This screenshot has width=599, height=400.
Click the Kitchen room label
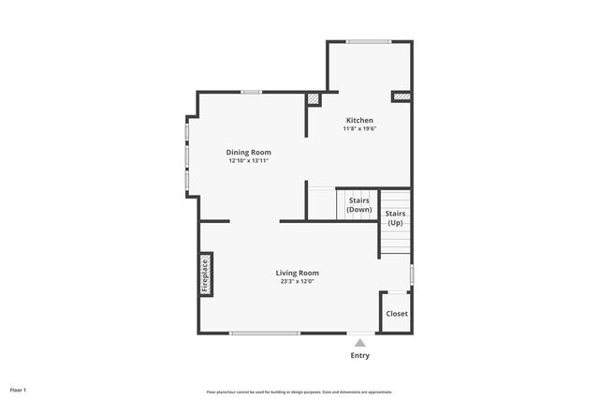[x=359, y=120]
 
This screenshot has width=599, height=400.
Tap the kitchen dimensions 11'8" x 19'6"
[x=359, y=129]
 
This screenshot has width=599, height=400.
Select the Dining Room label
[x=248, y=152]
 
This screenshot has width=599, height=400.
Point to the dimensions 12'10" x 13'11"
[x=248, y=161]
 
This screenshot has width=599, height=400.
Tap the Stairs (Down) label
[x=358, y=205]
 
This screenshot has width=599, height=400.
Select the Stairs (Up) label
[x=395, y=218]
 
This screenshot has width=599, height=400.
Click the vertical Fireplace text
[x=206, y=275]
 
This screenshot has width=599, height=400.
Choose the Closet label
[x=397, y=314]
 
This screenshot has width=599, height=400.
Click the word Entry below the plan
[x=359, y=355]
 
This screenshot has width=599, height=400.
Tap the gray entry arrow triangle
[x=359, y=343]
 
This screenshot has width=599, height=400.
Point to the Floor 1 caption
[x=18, y=389]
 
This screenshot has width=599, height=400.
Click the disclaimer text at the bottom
[x=299, y=392]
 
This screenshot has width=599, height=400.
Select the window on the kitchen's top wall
[x=369, y=41]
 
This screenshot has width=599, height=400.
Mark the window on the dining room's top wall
[x=250, y=92]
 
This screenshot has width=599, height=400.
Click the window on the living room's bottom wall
[x=265, y=333]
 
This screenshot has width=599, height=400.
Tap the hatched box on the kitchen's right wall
[x=401, y=95]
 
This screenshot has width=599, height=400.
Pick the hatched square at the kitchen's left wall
[x=314, y=96]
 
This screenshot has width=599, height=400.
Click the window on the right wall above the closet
[x=412, y=274]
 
